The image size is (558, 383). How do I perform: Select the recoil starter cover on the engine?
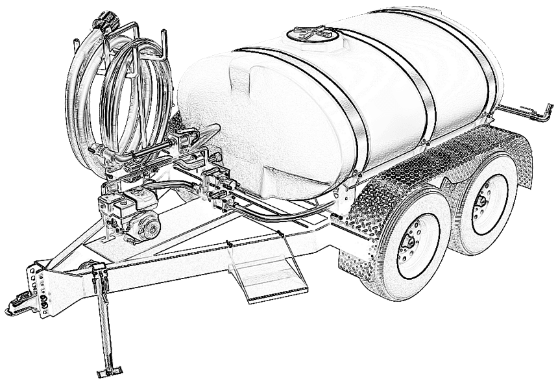[151, 225]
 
